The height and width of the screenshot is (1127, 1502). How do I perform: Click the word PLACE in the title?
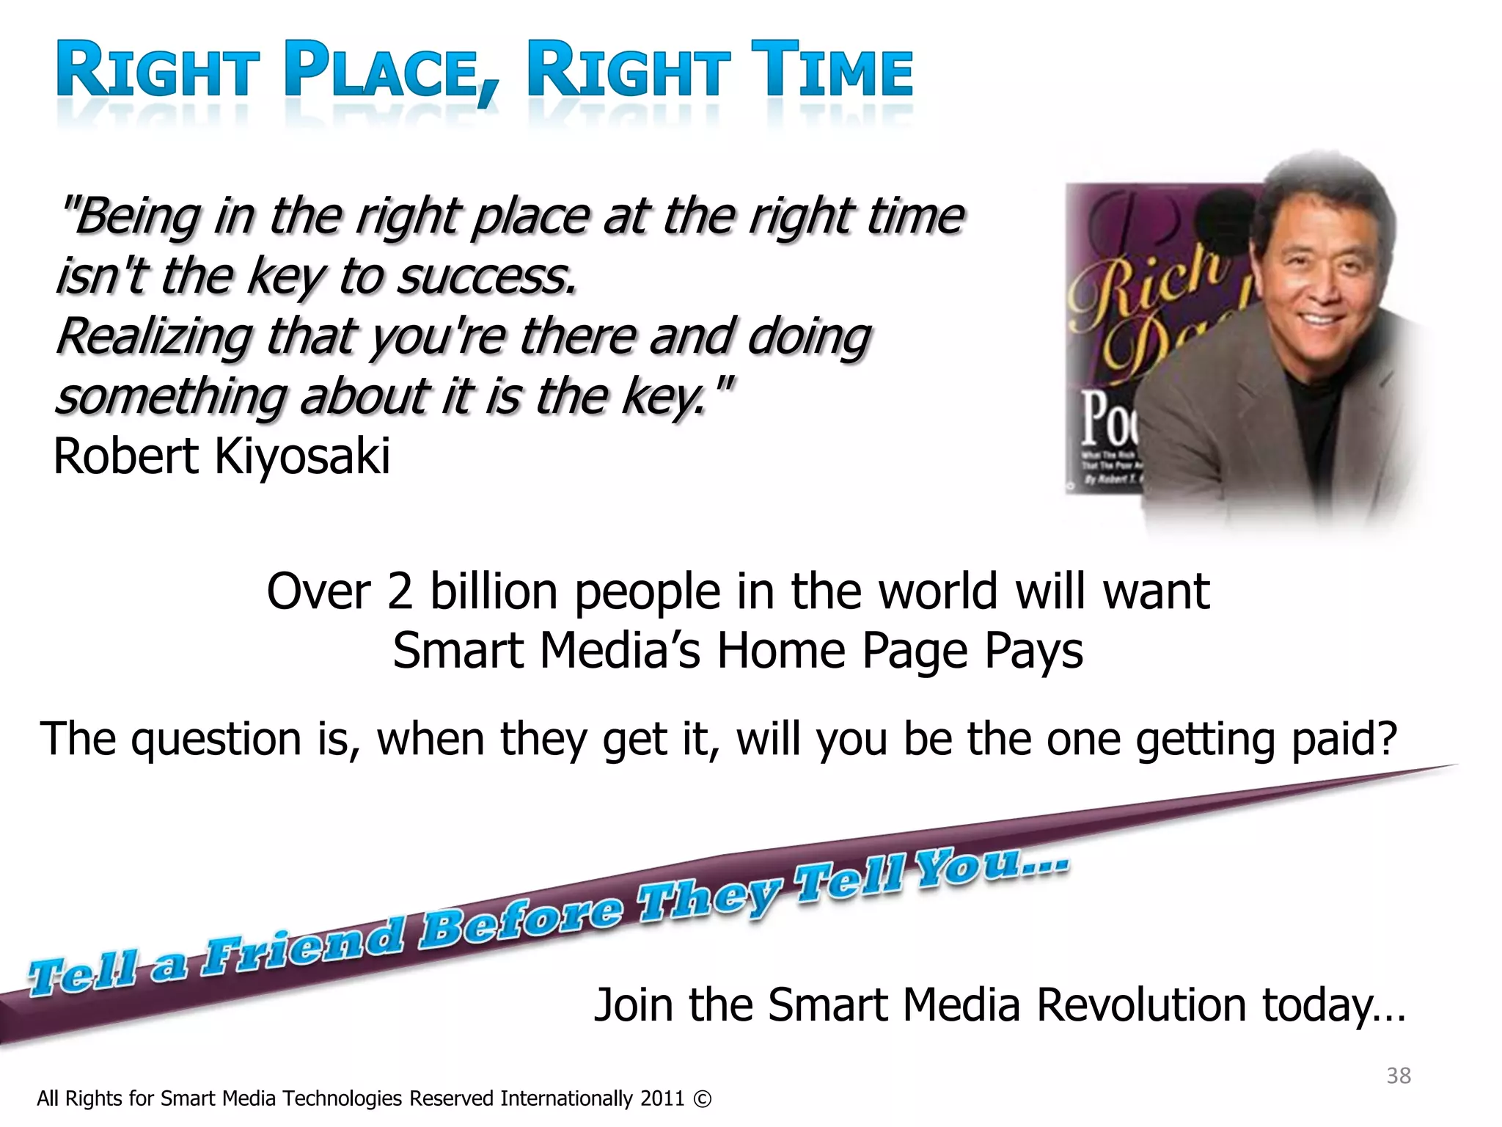381,71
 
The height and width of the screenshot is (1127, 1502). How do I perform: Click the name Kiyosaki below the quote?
302,456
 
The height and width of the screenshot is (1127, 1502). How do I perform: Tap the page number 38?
1398,1076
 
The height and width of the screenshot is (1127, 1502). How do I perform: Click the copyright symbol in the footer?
702,1099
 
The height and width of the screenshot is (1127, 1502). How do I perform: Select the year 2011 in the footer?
662,1099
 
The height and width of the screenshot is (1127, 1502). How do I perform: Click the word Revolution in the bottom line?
1140,1004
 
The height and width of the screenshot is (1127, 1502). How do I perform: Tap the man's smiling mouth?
1320,320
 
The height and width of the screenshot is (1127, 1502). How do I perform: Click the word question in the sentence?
216,740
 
